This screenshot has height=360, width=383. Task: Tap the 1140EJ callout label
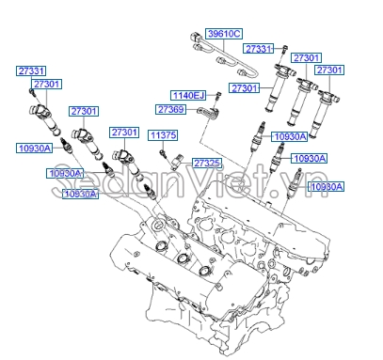tap(188, 95)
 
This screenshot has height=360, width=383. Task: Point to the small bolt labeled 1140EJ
tap(215, 96)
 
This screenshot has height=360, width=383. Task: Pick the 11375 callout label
tap(163, 135)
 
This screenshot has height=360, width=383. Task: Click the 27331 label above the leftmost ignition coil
tap(31, 70)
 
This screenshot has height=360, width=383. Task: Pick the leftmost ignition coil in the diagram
tap(44, 120)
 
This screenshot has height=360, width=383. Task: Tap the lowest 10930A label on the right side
tap(327, 187)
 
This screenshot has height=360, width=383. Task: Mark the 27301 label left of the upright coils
tap(245, 87)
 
